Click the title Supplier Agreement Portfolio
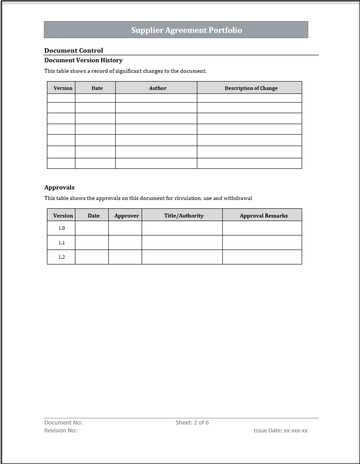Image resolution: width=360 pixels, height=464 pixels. click(x=186, y=30)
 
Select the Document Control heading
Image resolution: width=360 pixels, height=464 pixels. click(x=74, y=50)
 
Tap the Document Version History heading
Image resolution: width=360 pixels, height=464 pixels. click(x=83, y=60)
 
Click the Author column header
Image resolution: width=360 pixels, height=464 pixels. click(x=158, y=88)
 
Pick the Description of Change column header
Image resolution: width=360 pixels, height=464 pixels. click(x=251, y=88)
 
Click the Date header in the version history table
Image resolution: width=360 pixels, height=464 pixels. click(x=97, y=88)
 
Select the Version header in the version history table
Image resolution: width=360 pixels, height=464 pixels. click(x=63, y=88)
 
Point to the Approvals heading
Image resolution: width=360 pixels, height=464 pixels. click(x=59, y=187)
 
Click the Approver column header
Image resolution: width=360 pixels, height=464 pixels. click(x=126, y=215)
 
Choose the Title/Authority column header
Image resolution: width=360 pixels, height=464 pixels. click(x=184, y=215)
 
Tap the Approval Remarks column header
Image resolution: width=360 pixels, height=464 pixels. click(x=264, y=215)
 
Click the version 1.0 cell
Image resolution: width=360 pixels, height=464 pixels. click(x=61, y=228)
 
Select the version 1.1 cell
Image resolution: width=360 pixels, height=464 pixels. click(x=61, y=243)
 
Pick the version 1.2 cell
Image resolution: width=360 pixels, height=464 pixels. click(x=61, y=257)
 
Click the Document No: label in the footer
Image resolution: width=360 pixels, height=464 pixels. click(x=63, y=422)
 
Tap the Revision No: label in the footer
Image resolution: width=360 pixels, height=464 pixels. click(x=61, y=430)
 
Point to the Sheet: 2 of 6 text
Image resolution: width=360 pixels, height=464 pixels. click(x=192, y=422)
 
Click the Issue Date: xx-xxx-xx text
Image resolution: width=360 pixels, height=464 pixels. click(x=280, y=430)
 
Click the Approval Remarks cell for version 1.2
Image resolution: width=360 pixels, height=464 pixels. click(x=262, y=257)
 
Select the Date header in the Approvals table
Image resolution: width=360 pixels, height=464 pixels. click(x=93, y=215)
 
